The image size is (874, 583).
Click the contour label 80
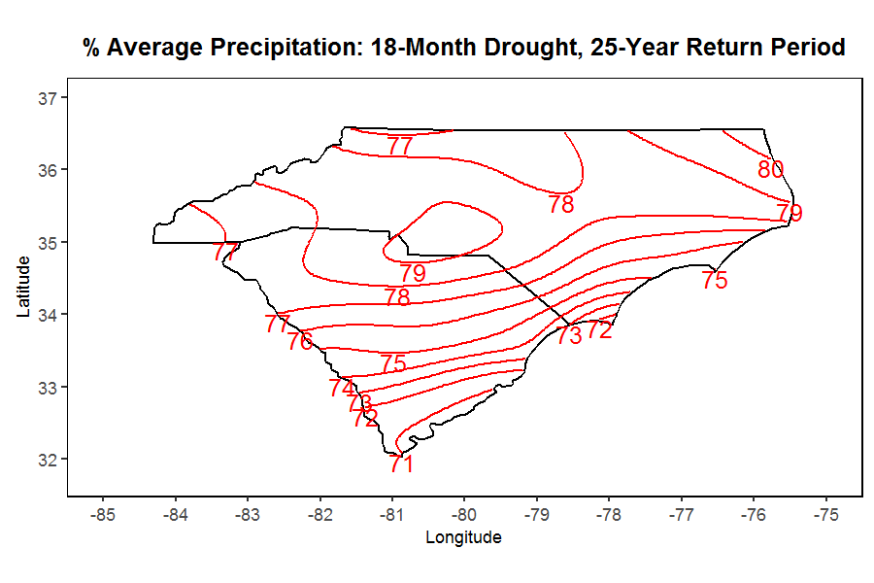(770, 169)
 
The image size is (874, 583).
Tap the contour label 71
(402, 464)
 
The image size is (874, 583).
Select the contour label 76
(300, 341)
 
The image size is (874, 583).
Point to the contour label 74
(342, 388)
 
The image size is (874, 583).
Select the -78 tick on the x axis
(609, 514)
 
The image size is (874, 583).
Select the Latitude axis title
(23, 285)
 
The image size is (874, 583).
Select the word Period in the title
(809, 48)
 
